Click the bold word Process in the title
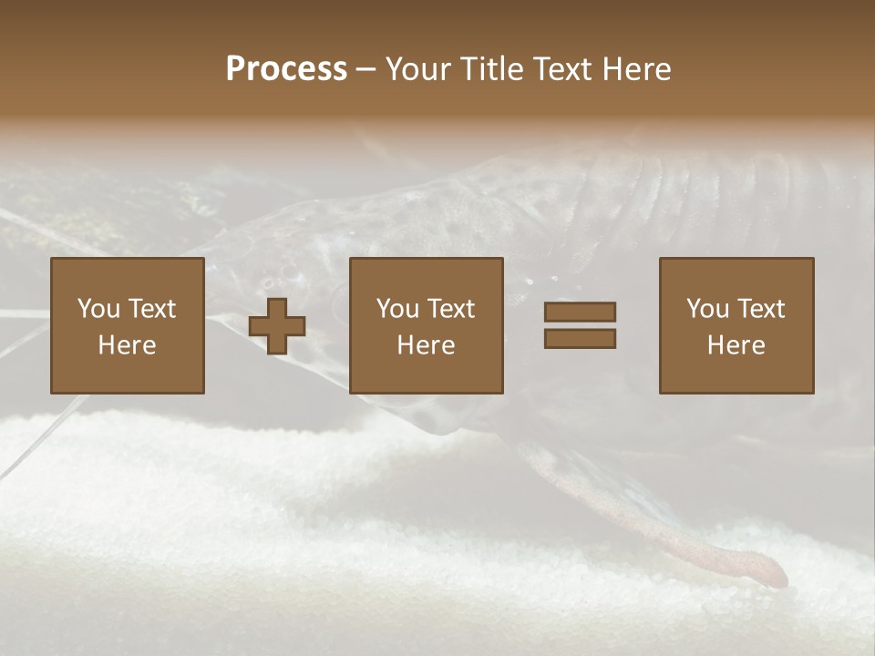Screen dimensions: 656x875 click(x=286, y=69)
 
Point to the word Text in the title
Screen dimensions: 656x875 click(x=562, y=69)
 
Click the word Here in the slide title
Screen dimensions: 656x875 click(x=637, y=69)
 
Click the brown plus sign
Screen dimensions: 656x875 click(x=277, y=325)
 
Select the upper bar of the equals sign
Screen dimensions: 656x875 click(x=580, y=312)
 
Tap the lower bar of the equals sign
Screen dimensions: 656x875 click(x=580, y=339)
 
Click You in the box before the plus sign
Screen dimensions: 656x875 click(x=98, y=309)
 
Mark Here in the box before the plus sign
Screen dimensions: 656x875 click(x=127, y=345)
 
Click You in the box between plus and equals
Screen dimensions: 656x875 click(x=397, y=309)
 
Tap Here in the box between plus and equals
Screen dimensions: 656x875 click(x=426, y=345)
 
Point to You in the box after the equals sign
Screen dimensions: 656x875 click(x=707, y=309)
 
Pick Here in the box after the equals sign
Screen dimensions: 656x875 click(x=736, y=345)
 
